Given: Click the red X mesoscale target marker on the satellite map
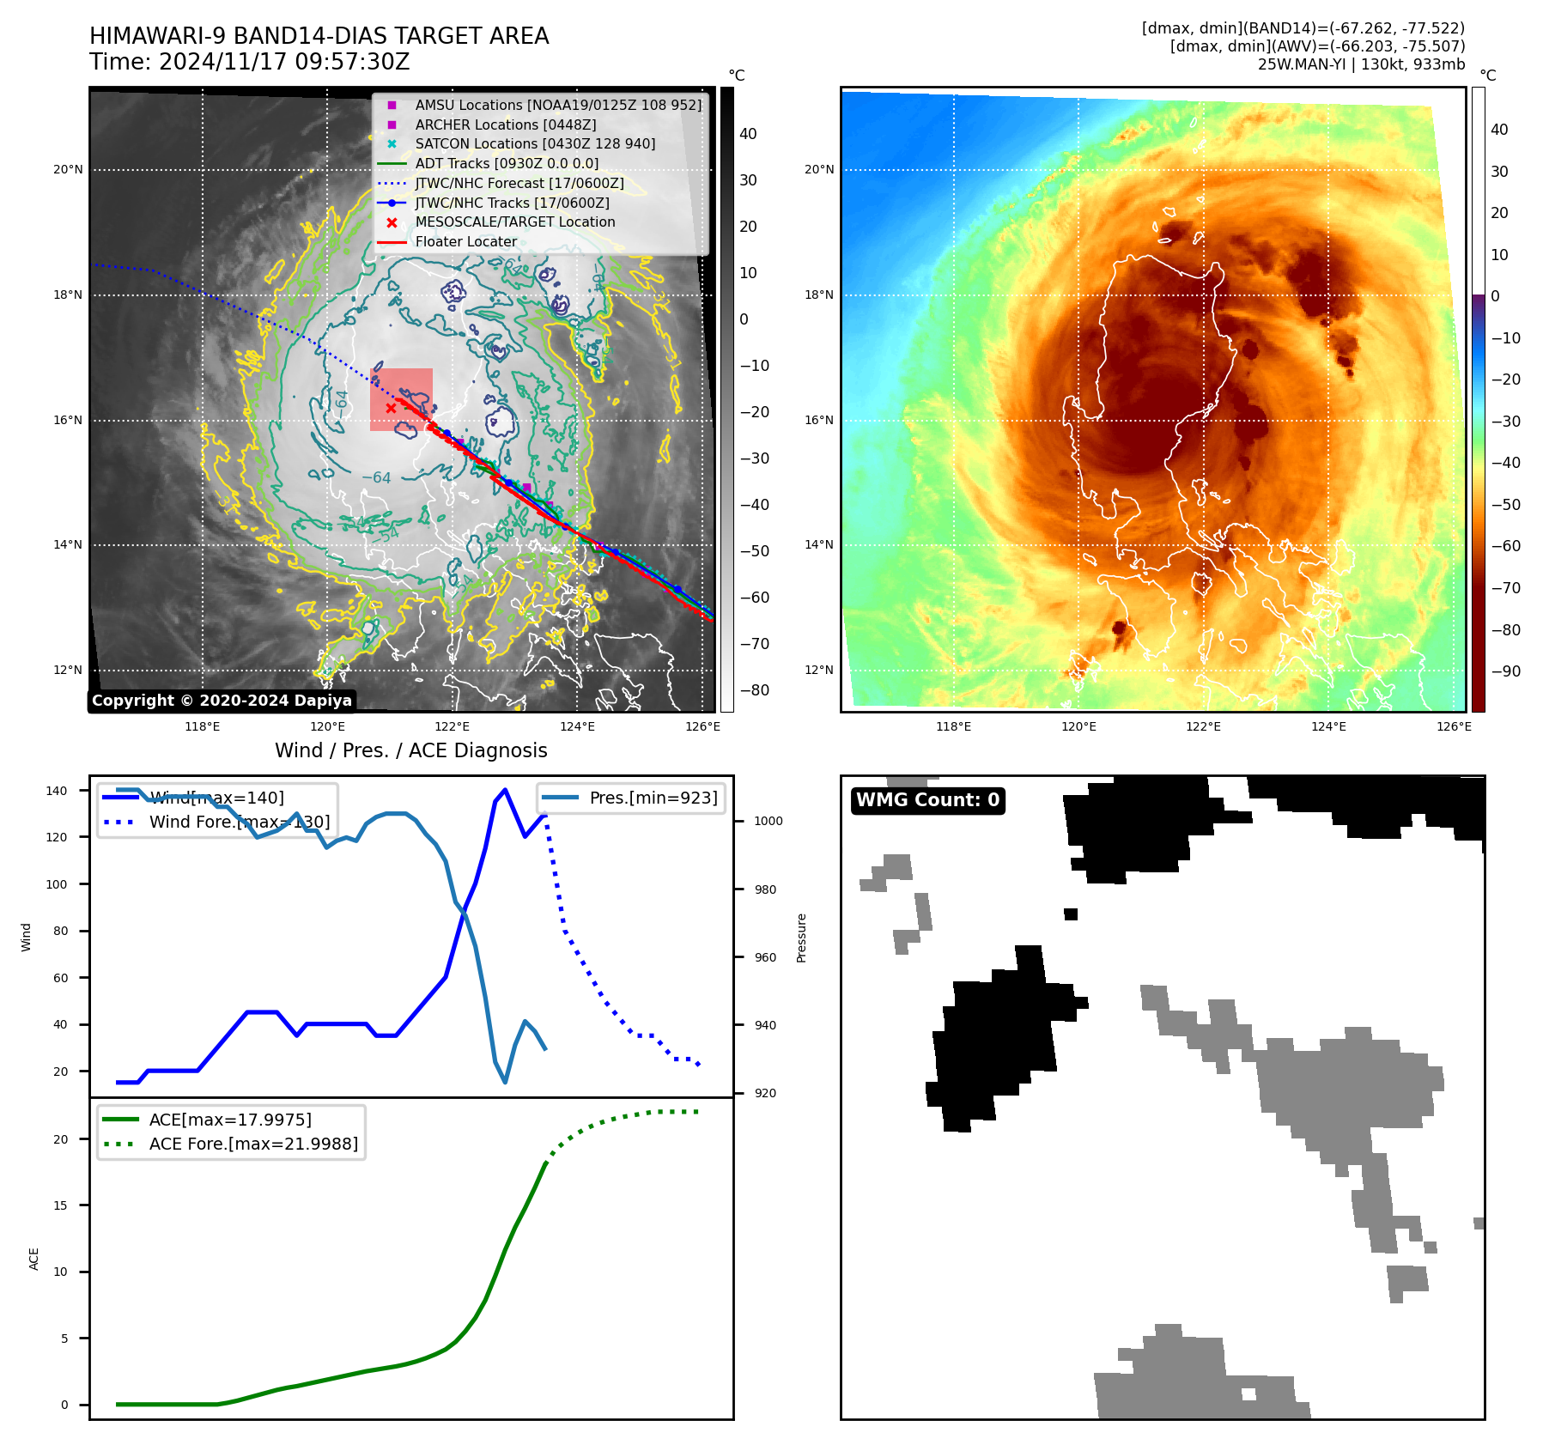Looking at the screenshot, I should pos(391,408).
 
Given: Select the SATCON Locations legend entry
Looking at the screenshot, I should pos(534,144).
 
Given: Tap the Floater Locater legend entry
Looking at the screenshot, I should pos(465,242).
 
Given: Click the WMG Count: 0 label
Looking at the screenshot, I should pos(927,800).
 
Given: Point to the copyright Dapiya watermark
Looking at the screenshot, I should pos(222,701).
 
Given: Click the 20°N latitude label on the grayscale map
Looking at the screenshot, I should pos(68,170).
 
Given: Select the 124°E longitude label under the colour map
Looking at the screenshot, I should pos(1328,727).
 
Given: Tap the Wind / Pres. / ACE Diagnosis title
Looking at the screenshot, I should pos(410,750).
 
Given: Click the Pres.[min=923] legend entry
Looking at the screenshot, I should pos(653,798).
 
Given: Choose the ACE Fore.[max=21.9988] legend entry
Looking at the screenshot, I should pos(253,1144).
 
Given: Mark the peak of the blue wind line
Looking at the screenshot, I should pos(505,790).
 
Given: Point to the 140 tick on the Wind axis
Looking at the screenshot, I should pos(57,791).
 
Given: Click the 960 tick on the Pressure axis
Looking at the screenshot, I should pos(765,957).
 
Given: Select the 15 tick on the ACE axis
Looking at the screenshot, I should pos(60,1205).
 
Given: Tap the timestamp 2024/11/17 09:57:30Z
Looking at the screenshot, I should pos(284,63).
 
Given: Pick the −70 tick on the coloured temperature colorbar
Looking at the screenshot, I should pos(1505,588).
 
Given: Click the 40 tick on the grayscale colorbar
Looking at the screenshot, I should pos(748,134).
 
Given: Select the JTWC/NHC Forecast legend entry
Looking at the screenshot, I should pos(519,184).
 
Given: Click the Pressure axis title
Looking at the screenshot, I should pos(801,938).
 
